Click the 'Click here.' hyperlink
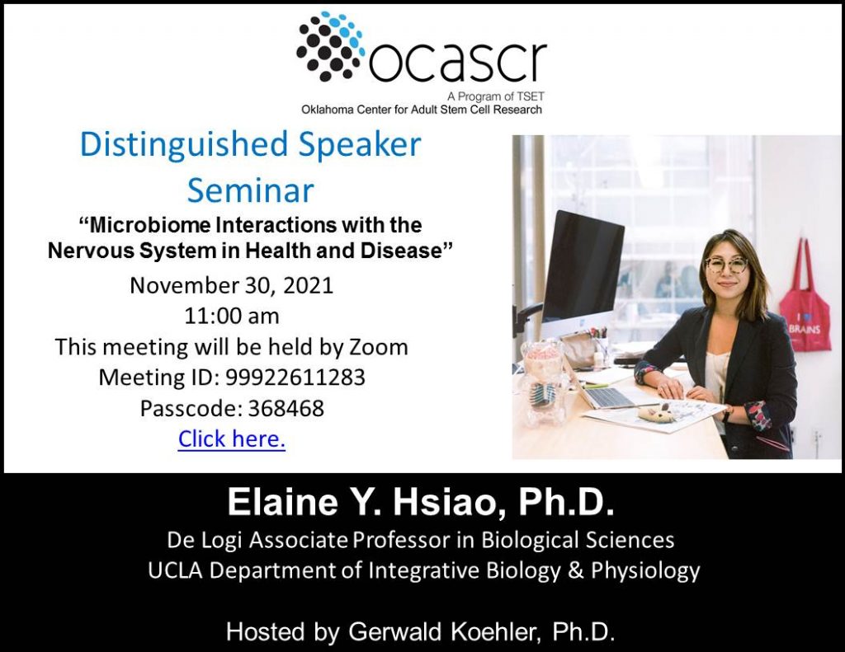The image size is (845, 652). point(232,439)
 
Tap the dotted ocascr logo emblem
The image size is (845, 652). point(330,47)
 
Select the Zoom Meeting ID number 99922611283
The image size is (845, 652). point(295,378)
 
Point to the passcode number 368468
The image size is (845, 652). point(286,409)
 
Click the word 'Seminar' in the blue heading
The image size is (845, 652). point(250,190)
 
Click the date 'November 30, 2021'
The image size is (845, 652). point(232,285)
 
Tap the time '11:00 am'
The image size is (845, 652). point(232,316)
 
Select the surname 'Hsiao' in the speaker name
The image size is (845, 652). point(450,502)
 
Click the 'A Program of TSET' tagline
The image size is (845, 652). point(496,97)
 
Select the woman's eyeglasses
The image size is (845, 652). point(726,265)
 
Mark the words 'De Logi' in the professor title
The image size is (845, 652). point(203,540)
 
